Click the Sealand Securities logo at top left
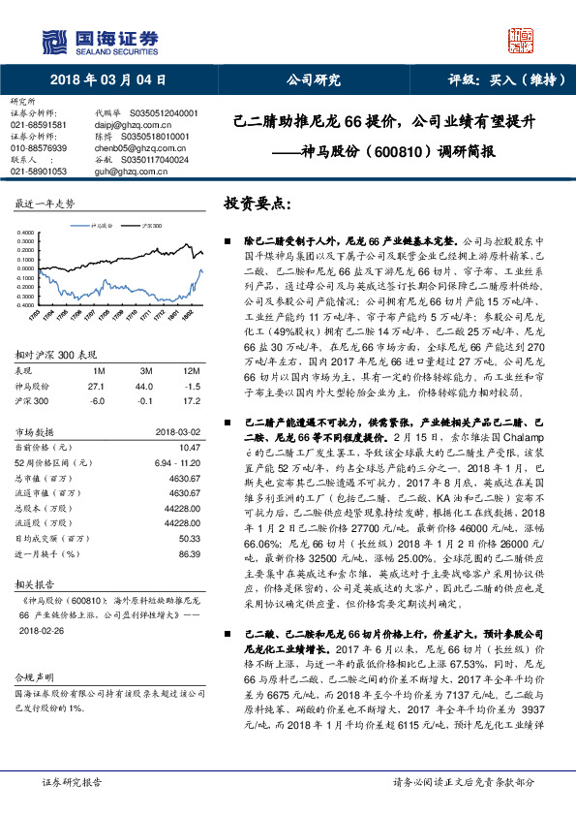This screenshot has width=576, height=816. pos(98,40)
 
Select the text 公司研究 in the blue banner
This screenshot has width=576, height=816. pos(314,81)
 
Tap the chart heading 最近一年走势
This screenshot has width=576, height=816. pos(45,204)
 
